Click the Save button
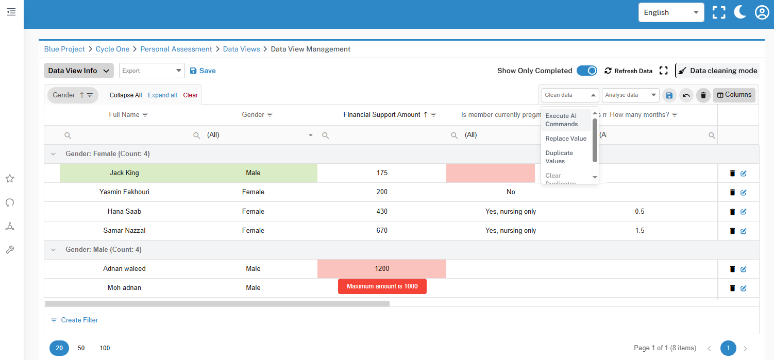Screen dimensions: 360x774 (203, 71)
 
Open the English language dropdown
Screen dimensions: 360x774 (670, 12)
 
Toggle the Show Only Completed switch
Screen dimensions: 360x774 (586, 71)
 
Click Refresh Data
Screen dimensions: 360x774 (628, 71)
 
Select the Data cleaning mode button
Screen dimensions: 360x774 (717, 71)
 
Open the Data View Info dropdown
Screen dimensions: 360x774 (78, 71)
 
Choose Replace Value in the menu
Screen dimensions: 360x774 (566, 139)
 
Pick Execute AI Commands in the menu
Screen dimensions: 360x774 (562, 120)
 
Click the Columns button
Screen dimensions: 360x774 (734, 95)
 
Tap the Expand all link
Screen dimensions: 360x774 (162, 95)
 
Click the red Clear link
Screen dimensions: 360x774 (191, 95)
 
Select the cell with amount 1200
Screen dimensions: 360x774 (382, 268)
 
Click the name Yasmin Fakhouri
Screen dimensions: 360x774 (124, 192)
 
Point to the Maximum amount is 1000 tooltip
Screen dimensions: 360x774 (382, 286)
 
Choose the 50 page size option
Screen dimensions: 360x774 (81, 348)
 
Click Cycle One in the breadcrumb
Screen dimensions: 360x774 (112, 49)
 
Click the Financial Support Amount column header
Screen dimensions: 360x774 (382, 114)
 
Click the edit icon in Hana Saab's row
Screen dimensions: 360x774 (743, 212)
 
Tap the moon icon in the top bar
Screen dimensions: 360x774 (740, 12)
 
